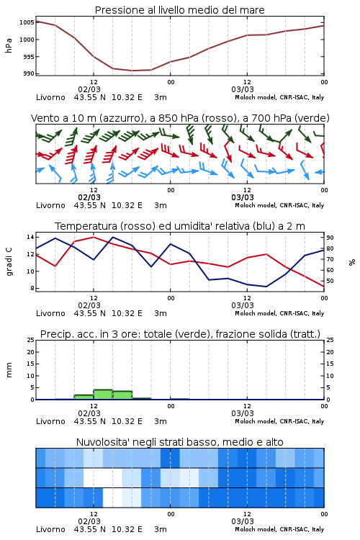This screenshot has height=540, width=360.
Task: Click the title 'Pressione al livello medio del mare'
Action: (x=179, y=10)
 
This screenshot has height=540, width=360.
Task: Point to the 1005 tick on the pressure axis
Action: (x=27, y=22)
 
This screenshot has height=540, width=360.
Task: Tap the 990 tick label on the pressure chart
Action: (x=29, y=73)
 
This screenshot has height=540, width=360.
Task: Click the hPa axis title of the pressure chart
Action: (x=9, y=45)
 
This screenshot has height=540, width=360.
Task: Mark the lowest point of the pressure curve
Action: (x=132, y=71)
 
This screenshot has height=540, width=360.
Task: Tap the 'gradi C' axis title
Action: (x=9, y=262)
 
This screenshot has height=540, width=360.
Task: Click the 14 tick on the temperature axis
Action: (x=30, y=237)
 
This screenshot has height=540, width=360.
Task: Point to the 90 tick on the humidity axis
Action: (x=330, y=238)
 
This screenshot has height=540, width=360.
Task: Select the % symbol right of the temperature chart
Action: (x=352, y=262)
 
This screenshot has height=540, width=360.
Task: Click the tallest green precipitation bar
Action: (x=103, y=395)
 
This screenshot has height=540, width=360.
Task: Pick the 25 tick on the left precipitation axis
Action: (x=31, y=340)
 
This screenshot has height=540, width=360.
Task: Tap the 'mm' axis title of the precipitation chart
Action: (x=9, y=370)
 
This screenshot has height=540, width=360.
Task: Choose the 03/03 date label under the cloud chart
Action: (x=243, y=521)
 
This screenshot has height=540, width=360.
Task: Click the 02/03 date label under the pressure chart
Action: (x=89, y=89)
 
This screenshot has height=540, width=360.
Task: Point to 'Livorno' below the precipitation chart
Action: (x=50, y=421)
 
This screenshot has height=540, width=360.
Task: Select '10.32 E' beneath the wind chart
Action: (x=127, y=205)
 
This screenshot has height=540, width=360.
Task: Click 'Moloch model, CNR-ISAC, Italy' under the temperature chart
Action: (x=279, y=313)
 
